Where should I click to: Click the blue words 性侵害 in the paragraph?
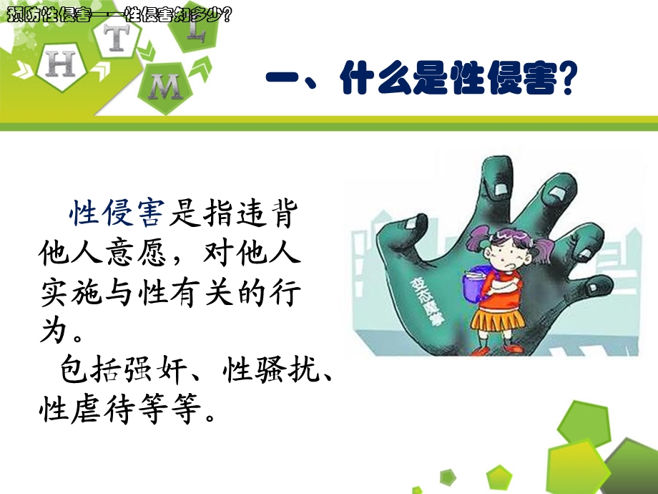[x=117, y=214]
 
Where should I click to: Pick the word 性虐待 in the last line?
[x=86, y=410]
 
